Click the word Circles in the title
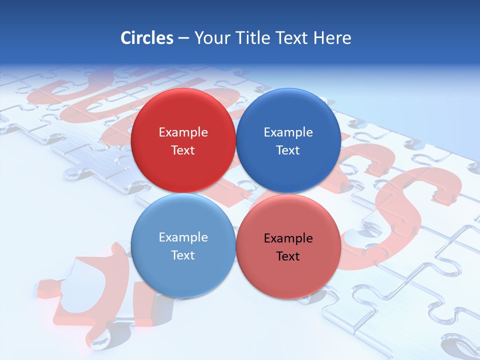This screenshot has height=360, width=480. click(x=147, y=38)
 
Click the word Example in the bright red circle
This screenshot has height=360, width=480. click(x=183, y=132)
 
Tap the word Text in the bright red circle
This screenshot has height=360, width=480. click(x=183, y=150)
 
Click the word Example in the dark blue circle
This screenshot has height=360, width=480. click(x=288, y=132)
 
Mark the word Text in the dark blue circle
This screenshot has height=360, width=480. click(x=288, y=150)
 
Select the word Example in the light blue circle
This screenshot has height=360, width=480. click(x=183, y=237)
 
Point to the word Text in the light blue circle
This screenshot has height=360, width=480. click(x=183, y=255)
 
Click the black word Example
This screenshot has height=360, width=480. click(x=288, y=238)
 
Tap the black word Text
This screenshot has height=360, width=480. click(x=288, y=256)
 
